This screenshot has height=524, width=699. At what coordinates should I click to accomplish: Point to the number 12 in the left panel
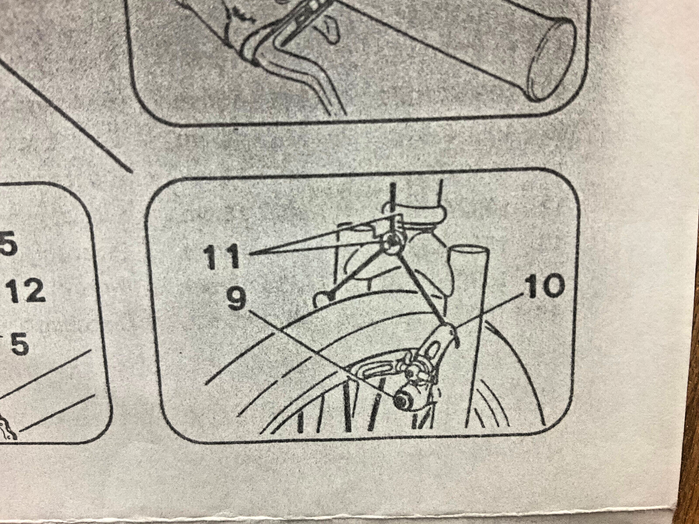coord(26,291)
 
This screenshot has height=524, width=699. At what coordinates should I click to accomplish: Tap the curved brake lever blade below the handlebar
coord(306,73)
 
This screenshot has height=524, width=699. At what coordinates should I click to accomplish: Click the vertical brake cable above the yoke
coord(393,208)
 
